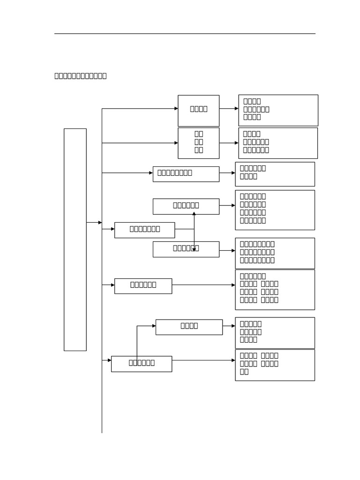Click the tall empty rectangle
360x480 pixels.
pos(75,239)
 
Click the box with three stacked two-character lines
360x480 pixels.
pos(198,143)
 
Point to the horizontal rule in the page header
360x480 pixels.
pos(185,34)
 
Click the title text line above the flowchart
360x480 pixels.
pos(81,76)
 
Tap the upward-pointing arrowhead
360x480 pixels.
pos(194,214)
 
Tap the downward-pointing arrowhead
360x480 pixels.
pos(194,249)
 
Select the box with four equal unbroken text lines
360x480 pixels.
pos(275,210)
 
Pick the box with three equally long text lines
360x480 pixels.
pos(275,253)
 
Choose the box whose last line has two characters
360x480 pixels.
pos(275,365)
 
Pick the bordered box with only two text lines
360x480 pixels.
pos(275,174)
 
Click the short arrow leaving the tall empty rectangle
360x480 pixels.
pos(94,223)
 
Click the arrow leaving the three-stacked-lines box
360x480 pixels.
pos(229,143)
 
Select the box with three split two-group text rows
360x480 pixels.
pos(275,290)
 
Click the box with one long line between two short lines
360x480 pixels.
pos(278,110)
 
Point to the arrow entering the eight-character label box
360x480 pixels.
pos(127,173)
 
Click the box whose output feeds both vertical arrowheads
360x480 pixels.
pos(144,230)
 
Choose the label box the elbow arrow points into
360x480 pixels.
pos(189,327)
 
